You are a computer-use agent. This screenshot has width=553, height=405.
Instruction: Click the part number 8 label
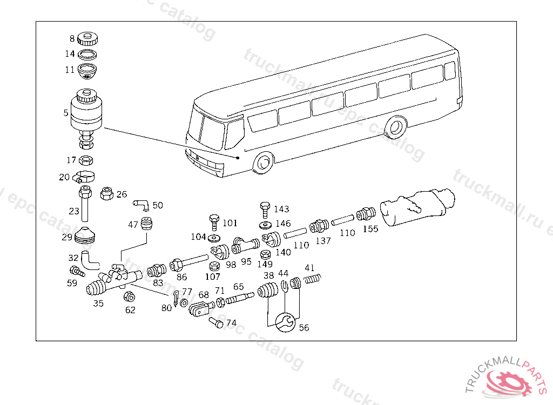click(x=72, y=38)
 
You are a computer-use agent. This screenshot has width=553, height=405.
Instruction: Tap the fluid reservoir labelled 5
click(x=85, y=113)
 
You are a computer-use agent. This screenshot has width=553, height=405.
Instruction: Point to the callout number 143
click(x=281, y=209)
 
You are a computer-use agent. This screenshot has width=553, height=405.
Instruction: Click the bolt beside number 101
click(x=214, y=221)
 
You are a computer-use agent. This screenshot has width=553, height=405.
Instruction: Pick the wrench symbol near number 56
click(x=285, y=322)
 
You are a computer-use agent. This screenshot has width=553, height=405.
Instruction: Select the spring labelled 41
click(x=313, y=279)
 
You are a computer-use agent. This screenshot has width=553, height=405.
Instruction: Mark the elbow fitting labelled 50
click(x=141, y=204)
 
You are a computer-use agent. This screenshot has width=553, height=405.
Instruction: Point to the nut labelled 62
click(x=129, y=296)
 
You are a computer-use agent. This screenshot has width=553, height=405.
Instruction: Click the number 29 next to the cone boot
click(x=67, y=237)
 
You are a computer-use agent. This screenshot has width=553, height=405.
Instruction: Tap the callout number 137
click(x=323, y=241)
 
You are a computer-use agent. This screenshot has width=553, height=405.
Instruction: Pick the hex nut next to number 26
click(x=106, y=193)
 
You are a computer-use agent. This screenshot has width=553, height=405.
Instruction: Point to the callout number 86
click(x=181, y=277)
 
